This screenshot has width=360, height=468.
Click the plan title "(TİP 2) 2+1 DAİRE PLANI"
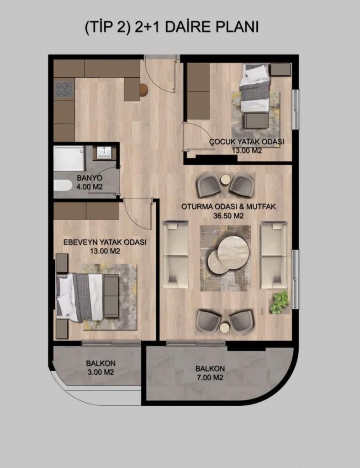click(171, 27)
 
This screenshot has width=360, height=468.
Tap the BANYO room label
click(90, 178)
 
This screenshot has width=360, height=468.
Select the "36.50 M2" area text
click(228, 216)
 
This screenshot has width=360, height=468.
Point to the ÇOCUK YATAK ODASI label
click(246, 142)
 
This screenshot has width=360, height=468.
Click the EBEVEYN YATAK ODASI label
click(105, 242)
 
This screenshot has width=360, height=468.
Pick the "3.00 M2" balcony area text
click(101, 372)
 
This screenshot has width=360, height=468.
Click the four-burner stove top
click(64, 90)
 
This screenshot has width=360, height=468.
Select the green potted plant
click(280, 303)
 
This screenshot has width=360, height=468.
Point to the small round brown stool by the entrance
click(143, 90)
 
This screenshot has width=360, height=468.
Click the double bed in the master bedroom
click(79, 298)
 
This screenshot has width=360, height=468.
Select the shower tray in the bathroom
click(69, 159)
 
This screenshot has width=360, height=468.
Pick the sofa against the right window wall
click(274, 255)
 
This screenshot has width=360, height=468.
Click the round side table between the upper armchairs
click(226, 180)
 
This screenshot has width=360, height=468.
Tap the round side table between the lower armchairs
click(225, 327)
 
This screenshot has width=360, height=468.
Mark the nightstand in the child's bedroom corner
click(281, 69)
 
